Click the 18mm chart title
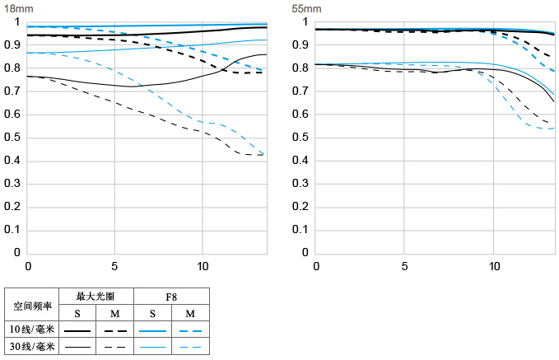pyautogui.click(x=18, y=8)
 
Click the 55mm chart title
pyautogui.click(x=306, y=8)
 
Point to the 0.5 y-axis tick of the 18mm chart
pyautogui.click(x=12, y=138)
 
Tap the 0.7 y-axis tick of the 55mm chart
pyautogui.click(x=300, y=91)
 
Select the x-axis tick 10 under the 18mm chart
pyautogui.click(x=203, y=266)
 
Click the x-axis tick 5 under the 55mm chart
pyautogui.click(x=404, y=266)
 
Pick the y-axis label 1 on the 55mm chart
pyautogui.click(x=305, y=22)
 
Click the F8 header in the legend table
pyautogui.click(x=171, y=297)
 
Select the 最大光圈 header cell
pyautogui.click(x=95, y=297)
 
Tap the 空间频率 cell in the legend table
pyautogui.click(x=32, y=306)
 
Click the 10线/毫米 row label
pyautogui.click(x=32, y=330)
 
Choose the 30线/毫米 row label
pyautogui.click(x=32, y=347)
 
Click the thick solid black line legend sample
pyautogui.click(x=77, y=331)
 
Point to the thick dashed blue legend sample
pyautogui.click(x=190, y=331)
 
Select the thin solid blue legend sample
pyautogui.click(x=152, y=347)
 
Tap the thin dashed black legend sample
pyautogui.click(x=114, y=347)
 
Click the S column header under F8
pyautogui.click(x=152, y=314)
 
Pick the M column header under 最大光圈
pyautogui.click(x=114, y=314)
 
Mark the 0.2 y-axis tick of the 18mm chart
pyautogui.click(x=12, y=207)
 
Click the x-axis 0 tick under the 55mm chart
pyautogui.click(x=316, y=266)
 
